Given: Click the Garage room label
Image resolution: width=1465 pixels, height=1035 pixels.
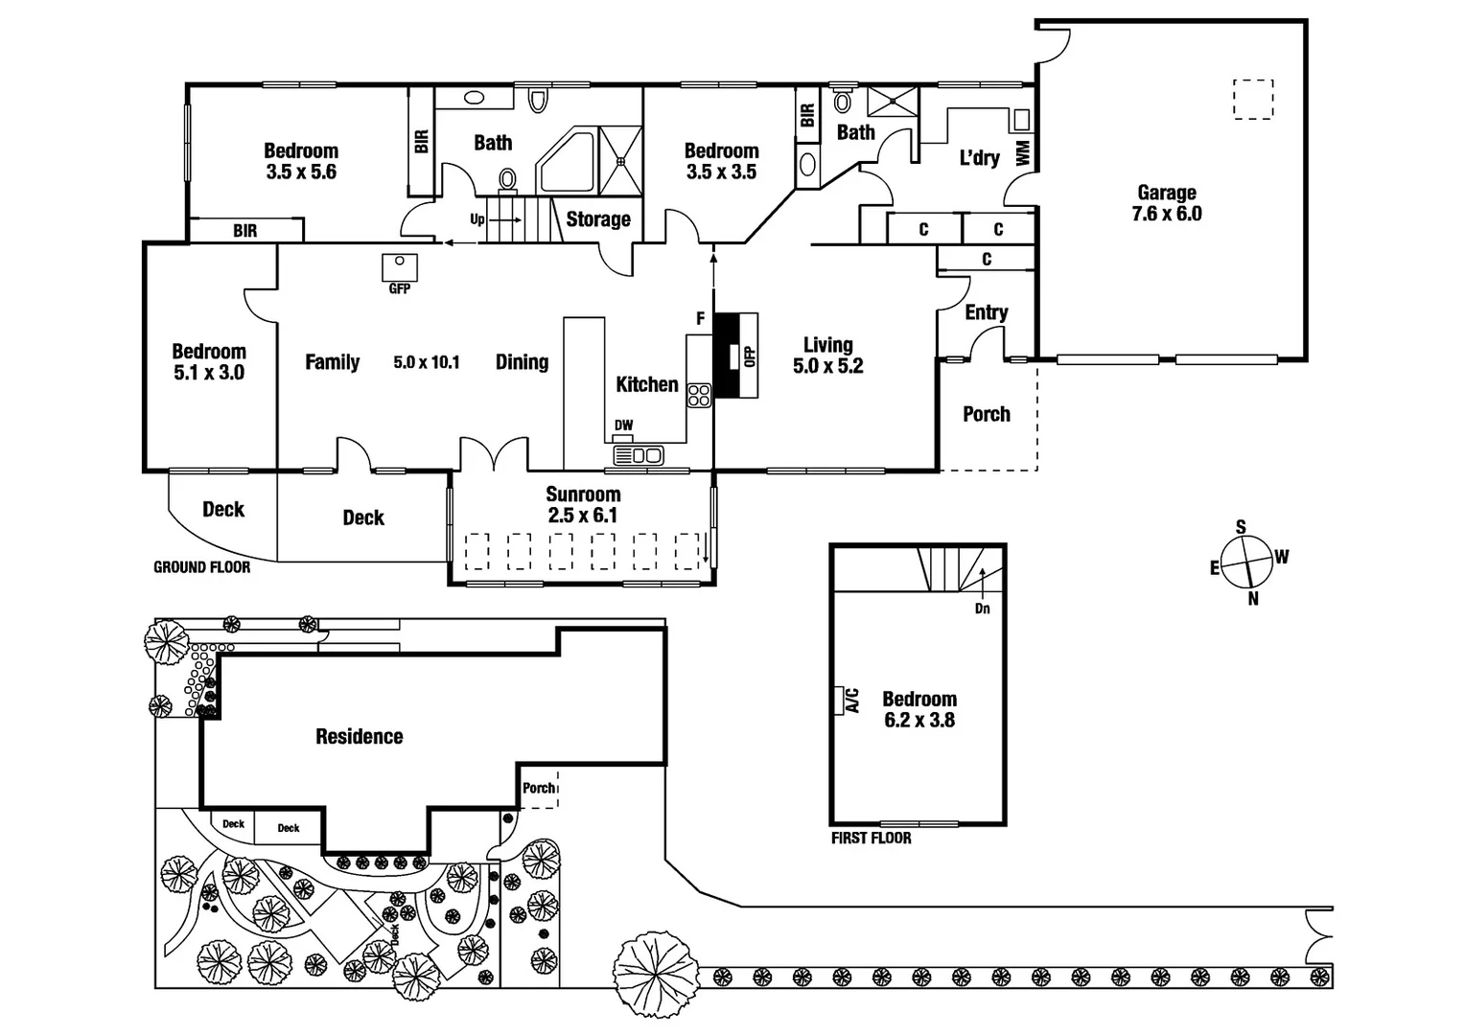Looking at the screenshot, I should coord(1166,203).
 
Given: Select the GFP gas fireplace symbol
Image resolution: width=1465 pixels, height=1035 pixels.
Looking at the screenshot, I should coord(399,265).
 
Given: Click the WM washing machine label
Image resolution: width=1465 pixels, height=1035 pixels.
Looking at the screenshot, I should coord(1022,152).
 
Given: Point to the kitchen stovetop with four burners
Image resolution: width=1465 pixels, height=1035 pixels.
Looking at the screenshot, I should coord(699,395).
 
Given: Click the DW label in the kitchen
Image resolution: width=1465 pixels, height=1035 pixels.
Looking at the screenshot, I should coord(623,425).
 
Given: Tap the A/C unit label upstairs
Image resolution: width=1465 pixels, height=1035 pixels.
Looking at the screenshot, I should coord(850,701).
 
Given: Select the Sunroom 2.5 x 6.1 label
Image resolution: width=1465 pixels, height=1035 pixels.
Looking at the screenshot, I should coord(583,505).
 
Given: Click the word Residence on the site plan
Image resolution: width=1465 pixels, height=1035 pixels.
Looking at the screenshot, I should coord(359,736).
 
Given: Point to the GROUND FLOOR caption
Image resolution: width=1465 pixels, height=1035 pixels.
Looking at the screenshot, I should coord(201,567).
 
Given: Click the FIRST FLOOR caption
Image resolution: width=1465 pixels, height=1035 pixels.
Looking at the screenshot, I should coord(871,838).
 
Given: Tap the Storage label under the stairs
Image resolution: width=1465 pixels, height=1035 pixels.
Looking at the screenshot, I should coord(597,219).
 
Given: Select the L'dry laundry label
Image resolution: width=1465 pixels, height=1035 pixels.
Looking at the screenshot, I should coord(979,158).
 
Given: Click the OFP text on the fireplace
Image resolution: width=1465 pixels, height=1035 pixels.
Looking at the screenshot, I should coord(750,356).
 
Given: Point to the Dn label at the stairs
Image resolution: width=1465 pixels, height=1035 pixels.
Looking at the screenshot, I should coord(982,609).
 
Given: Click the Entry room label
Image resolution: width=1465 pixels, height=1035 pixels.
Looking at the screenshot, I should coord(986,312).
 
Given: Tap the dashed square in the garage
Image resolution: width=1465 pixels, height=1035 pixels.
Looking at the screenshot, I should coord(1252,100).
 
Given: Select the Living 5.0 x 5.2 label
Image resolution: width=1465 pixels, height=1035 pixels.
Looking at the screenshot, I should coord(827,356).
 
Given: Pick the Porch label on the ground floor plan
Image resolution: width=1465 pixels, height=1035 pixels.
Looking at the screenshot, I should coord(986,414).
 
